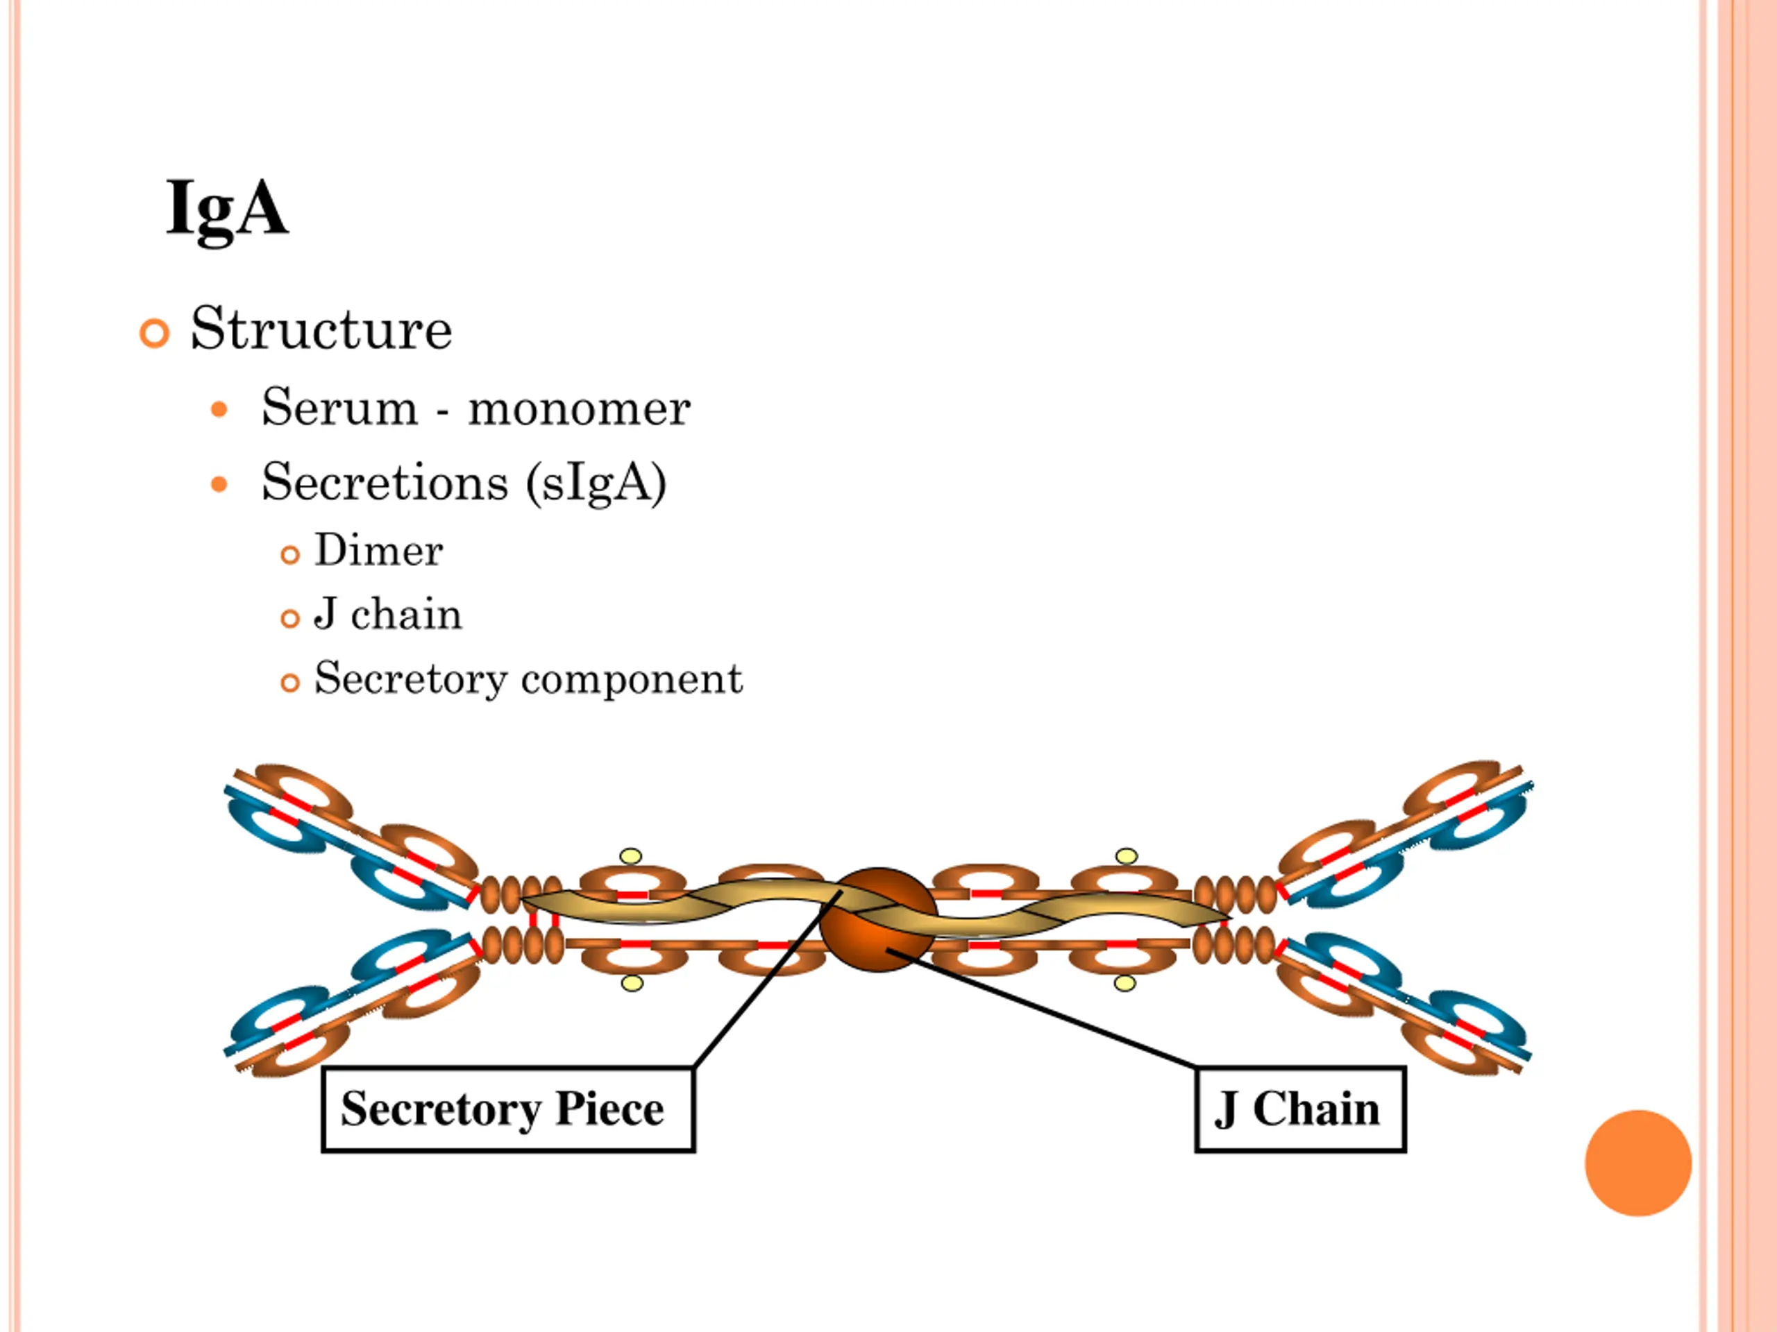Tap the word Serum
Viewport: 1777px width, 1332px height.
click(340, 407)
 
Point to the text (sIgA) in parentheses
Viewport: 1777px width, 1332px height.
click(596, 484)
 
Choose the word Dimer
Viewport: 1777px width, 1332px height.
click(378, 551)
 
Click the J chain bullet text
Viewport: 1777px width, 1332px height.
click(388, 614)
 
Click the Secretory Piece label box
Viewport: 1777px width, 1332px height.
click(507, 1109)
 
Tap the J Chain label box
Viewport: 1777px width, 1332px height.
click(1301, 1109)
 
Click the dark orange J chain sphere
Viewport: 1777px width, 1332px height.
click(878, 920)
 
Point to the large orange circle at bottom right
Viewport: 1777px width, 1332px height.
click(1638, 1163)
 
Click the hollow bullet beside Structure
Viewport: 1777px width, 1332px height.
click(154, 332)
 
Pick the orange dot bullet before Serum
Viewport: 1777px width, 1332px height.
click(219, 410)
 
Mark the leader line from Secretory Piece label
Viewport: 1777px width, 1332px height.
click(767, 979)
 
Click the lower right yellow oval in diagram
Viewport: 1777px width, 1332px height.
click(1125, 983)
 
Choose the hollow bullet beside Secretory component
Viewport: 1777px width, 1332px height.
click(290, 683)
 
